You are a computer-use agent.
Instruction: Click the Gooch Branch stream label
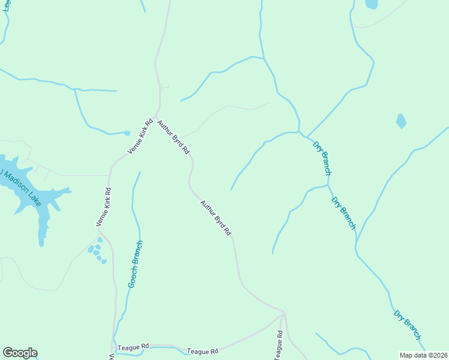pos(136,264)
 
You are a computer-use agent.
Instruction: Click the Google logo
pos(20,353)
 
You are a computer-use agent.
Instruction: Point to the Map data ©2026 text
pos(423,355)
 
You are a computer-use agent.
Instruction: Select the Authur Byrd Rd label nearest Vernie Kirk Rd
pos(173,137)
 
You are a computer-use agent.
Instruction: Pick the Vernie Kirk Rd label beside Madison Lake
pos(104,208)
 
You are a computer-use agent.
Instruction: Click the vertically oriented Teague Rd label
pos(279,346)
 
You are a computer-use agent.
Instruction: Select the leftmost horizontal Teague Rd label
pos(133,347)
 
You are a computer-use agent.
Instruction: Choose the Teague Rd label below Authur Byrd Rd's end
pos(202,351)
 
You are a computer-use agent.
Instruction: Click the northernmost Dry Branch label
pos(322,157)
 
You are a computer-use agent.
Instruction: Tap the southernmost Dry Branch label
pos(408,325)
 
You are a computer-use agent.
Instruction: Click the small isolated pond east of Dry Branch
pos(401,121)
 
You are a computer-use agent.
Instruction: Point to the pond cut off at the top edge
pos(372,4)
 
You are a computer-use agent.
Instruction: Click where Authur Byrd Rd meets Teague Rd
pos(283,314)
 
